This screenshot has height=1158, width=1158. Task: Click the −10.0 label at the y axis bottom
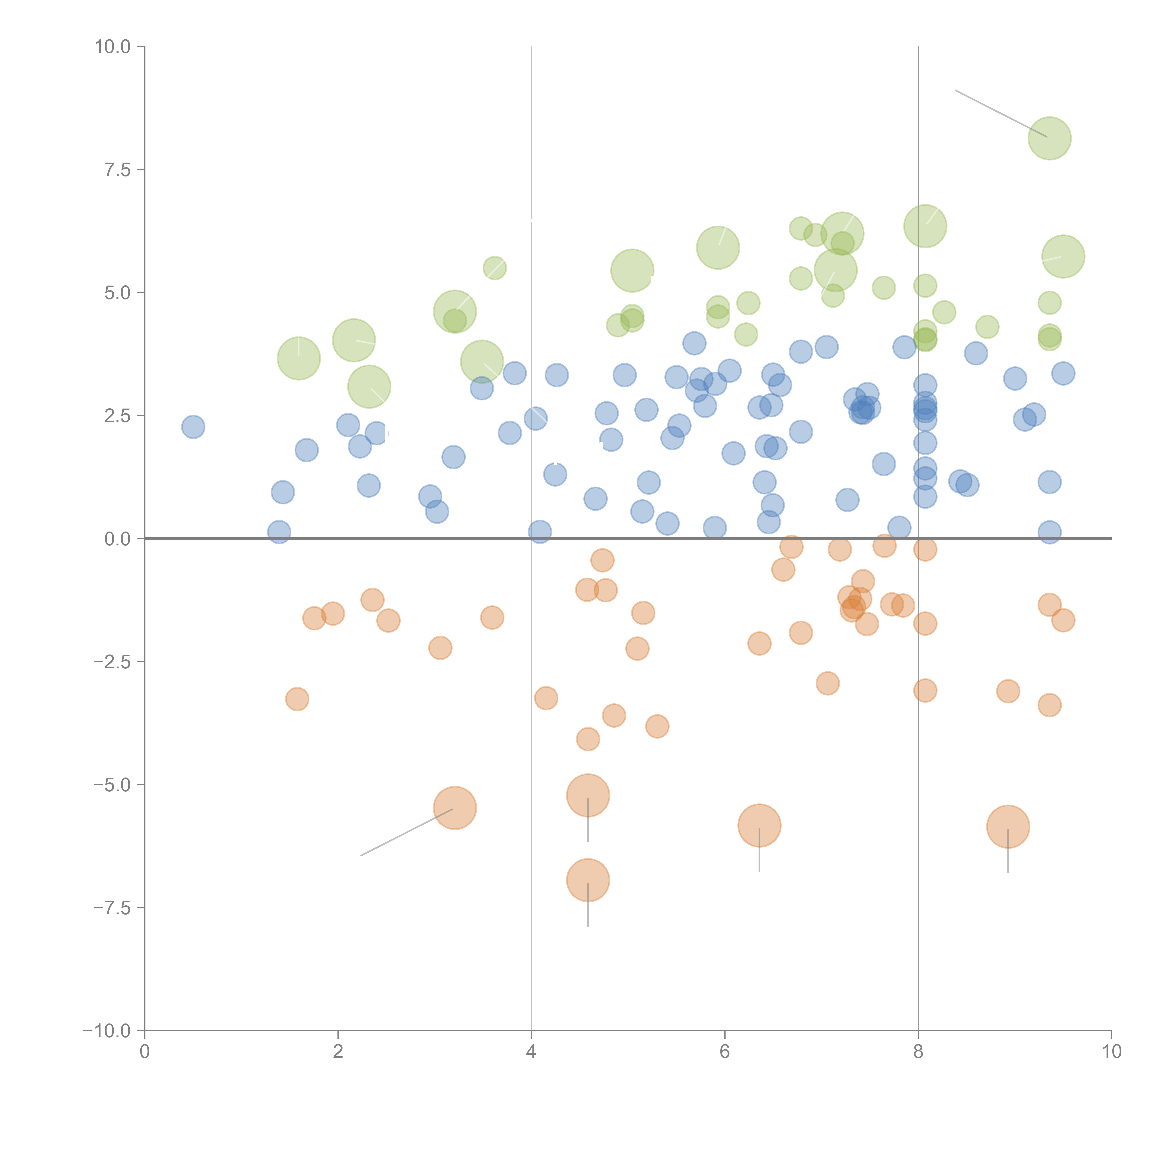click(x=107, y=1031)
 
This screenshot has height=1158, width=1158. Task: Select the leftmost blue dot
click(x=193, y=427)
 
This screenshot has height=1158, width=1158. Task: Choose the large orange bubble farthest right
click(x=1008, y=827)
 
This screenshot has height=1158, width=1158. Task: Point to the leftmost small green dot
click(x=494, y=268)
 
